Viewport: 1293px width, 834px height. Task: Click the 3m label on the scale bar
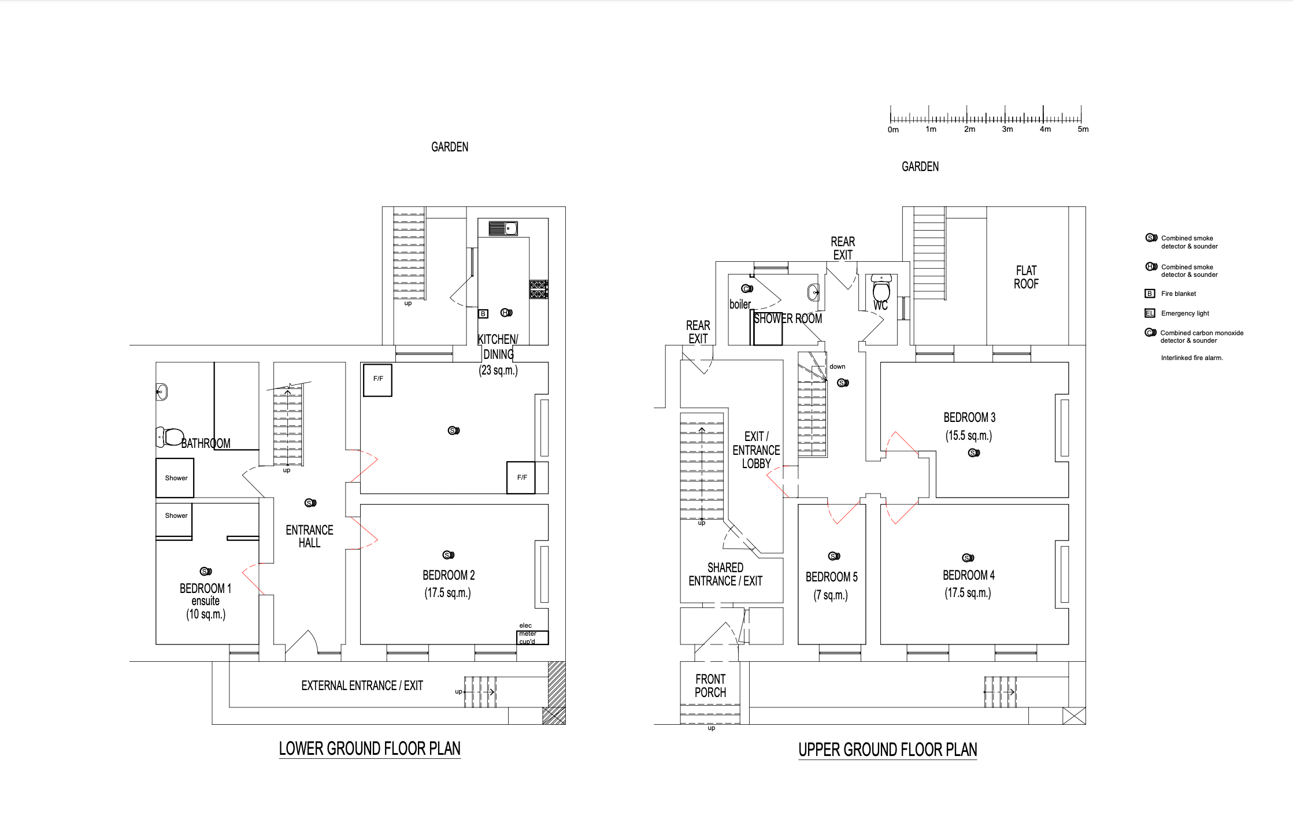(x=1007, y=129)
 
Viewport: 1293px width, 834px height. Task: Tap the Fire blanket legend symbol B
(x=1150, y=294)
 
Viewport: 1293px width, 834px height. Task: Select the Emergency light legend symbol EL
(x=1150, y=313)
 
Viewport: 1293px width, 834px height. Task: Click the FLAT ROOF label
(x=1026, y=277)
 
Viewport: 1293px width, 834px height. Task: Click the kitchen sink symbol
(x=503, y=228)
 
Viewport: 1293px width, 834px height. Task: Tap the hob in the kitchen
(x=538, y=289)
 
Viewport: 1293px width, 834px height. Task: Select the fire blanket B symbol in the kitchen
(x=483, y=314)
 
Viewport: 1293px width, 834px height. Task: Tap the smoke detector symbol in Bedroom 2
(x=449, y=555)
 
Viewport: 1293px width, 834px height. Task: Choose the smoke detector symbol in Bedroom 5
(x=834, y=556)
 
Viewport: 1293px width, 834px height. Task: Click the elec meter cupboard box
(x=532, y=637)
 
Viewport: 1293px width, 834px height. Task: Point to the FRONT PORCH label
(x=710, y=686)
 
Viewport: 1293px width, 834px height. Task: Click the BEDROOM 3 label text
(x=969, y=417)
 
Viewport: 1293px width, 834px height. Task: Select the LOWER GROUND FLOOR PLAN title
(x=369, y=749)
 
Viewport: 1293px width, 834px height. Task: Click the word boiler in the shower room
(x=740, y=304)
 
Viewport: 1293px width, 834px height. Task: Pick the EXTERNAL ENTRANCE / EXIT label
(x=362, y=686)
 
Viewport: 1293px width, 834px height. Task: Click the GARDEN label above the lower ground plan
(x=450, y=147)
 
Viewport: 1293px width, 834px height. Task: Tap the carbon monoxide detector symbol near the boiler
(x=747, y=288)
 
